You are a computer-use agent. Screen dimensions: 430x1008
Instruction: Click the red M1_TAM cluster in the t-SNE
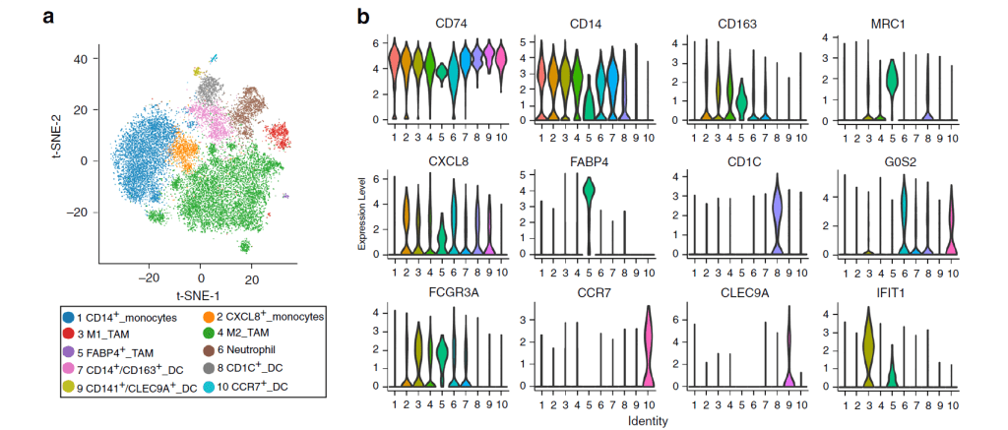(279, 137)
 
